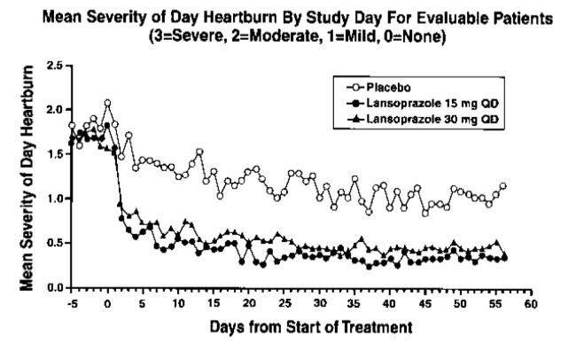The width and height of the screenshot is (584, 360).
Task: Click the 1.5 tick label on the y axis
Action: coord(55,154)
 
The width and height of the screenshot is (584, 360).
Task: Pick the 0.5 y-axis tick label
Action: coord(55,243)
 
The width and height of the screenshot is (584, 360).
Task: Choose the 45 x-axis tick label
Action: coord(425,302)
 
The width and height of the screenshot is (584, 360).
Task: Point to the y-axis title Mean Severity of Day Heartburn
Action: coord(29,177)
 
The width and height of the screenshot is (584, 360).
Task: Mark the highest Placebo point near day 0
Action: coord(107,103)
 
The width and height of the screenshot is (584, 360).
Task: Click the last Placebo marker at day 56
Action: coord(503,186)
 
